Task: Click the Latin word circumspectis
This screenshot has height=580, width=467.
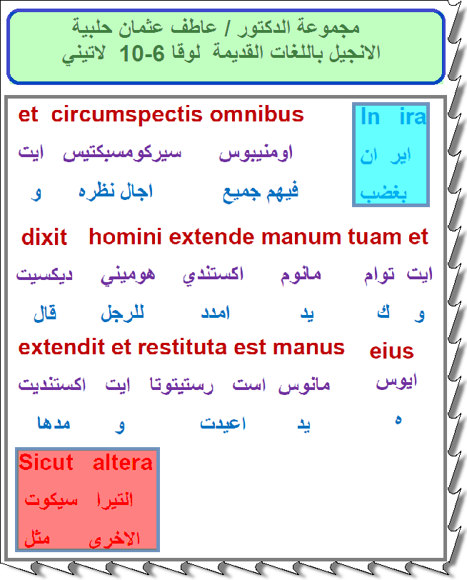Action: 126,116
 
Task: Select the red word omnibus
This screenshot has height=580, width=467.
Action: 256,114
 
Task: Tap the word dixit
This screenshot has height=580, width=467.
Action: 44,237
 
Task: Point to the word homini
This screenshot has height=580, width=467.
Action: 125,236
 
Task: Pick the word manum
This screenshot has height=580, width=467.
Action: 301,237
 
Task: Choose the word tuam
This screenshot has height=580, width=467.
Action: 374,237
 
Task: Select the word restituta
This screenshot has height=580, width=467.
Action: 182,348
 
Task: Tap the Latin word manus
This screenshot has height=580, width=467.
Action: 308,349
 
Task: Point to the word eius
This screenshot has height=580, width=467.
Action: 391,351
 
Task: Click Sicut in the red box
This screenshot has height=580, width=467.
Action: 46,462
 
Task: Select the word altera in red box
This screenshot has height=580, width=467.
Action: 122,463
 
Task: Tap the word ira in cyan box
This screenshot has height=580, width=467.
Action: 413,116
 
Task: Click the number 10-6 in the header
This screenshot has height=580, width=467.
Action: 142,54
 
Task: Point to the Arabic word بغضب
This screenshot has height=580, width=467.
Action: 383,193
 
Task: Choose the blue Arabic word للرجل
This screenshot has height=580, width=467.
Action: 122,313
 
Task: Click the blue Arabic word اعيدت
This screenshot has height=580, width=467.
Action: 223,423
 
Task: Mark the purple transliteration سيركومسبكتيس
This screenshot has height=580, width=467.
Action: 122,153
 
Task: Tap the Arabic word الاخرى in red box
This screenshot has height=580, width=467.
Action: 114,539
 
